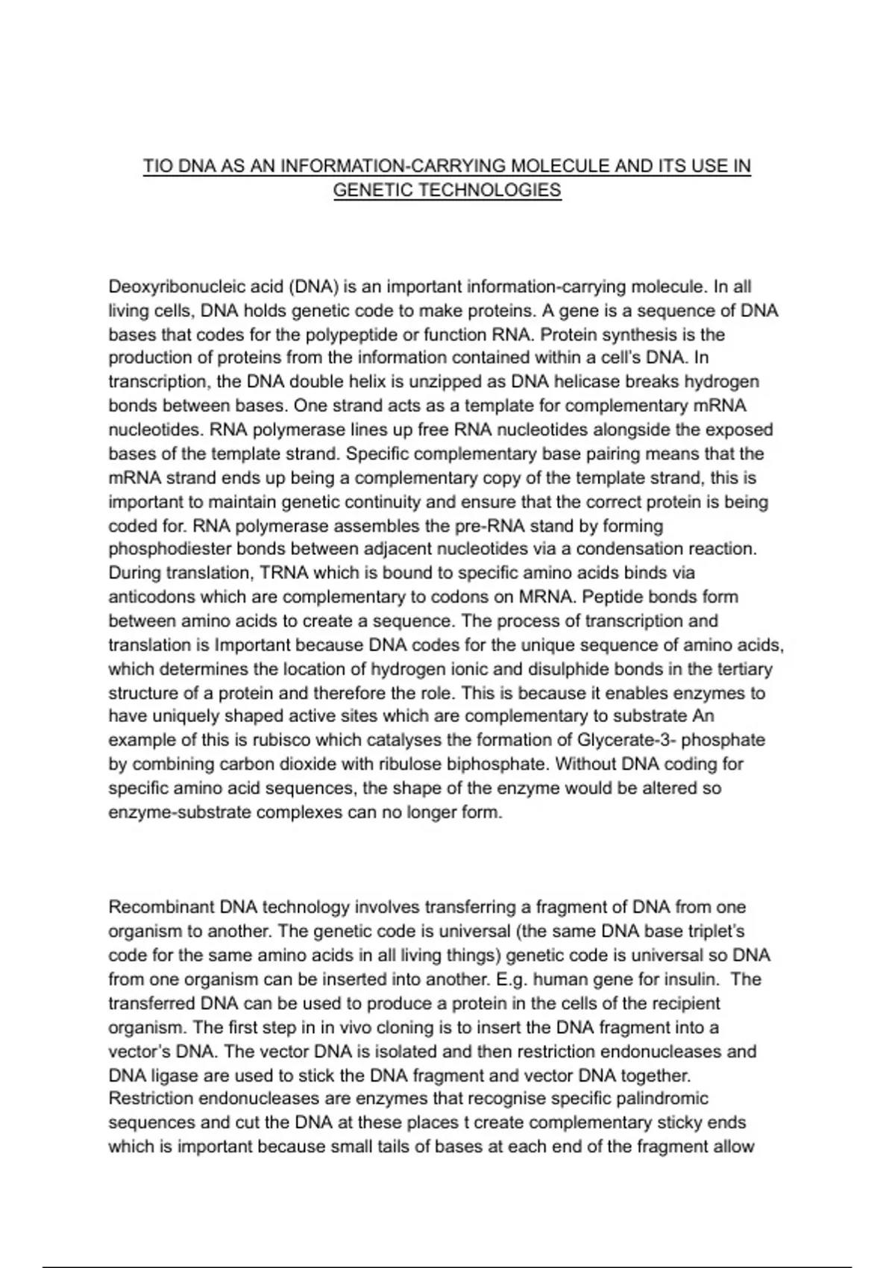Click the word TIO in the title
(x=158, y=166)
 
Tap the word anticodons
(x=151, y=597)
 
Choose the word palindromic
(x=659, y=1099)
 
